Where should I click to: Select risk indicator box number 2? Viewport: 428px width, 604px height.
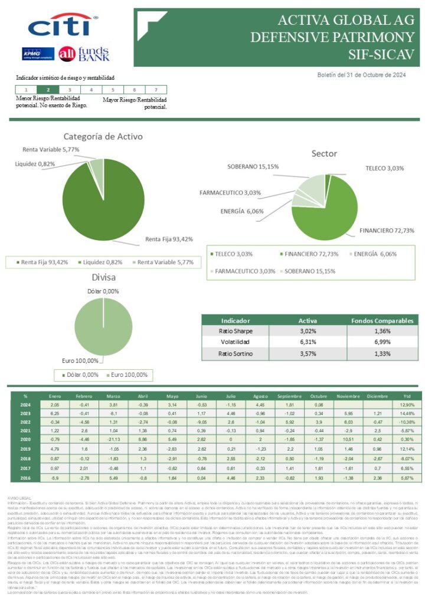(48, 90)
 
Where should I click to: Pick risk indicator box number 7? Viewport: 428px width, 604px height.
(155, 90)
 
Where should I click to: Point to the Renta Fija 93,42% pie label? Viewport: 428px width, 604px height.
(169, 239)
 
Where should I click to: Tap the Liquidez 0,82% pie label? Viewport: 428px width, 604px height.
(35, 163)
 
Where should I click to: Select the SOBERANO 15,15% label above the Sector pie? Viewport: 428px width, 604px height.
(253, 167)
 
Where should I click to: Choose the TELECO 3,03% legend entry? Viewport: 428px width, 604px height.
(234, 254)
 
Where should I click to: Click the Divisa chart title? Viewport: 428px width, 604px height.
(103, 277)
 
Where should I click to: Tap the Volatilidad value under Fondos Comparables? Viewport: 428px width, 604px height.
(382, 342)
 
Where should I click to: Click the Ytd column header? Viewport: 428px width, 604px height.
(406, 396)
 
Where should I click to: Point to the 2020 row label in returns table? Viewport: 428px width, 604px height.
(25, 439)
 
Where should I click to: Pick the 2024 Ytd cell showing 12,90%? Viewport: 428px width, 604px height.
(406, 405)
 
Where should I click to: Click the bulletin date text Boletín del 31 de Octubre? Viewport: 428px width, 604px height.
(361, 75)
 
